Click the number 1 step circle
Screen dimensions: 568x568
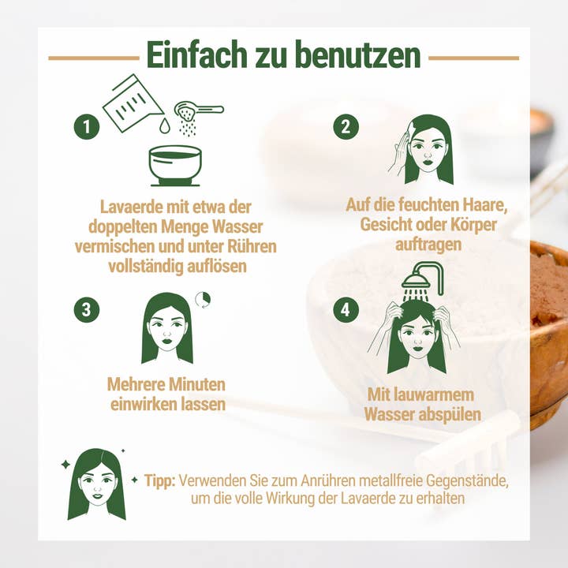coord(87,127)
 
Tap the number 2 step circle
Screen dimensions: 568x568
coord(346,126)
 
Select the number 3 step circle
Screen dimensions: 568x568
coord(87,310)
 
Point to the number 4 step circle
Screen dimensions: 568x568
coord(346,310)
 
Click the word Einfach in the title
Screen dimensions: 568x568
coord(197,54)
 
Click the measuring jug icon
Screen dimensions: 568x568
coord(133,103)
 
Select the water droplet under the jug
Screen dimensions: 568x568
coord(165,125)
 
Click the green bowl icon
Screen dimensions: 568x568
coord(175,166)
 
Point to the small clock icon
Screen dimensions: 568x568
coord(203,300)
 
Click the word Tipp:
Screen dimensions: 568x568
coord(159,480)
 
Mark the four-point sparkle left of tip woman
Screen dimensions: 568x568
coord(65,464)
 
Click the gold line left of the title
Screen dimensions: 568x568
coord(94,58)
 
